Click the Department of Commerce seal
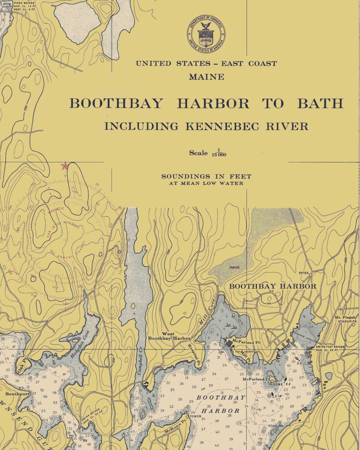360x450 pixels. tap(205, 34)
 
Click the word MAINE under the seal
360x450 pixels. tap(206, 77)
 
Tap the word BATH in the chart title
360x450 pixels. tap(320, 103)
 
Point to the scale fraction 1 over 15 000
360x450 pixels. tap(219, 153)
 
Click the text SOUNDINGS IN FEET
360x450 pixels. tap(206, 176)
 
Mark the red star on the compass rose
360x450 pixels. tap(64, 165)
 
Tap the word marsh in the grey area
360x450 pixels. tap(234, 267)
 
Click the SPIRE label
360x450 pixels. tap(303, 273)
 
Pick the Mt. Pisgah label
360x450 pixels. tap(345, 318)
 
